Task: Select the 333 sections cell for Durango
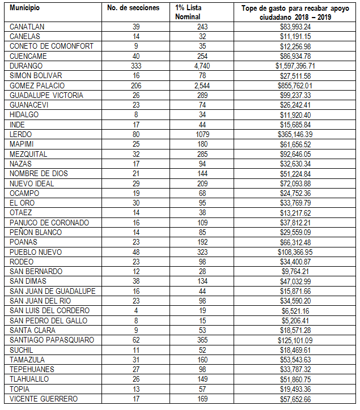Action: (x=135, y=66)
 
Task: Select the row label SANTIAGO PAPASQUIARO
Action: (x=48, y=340)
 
